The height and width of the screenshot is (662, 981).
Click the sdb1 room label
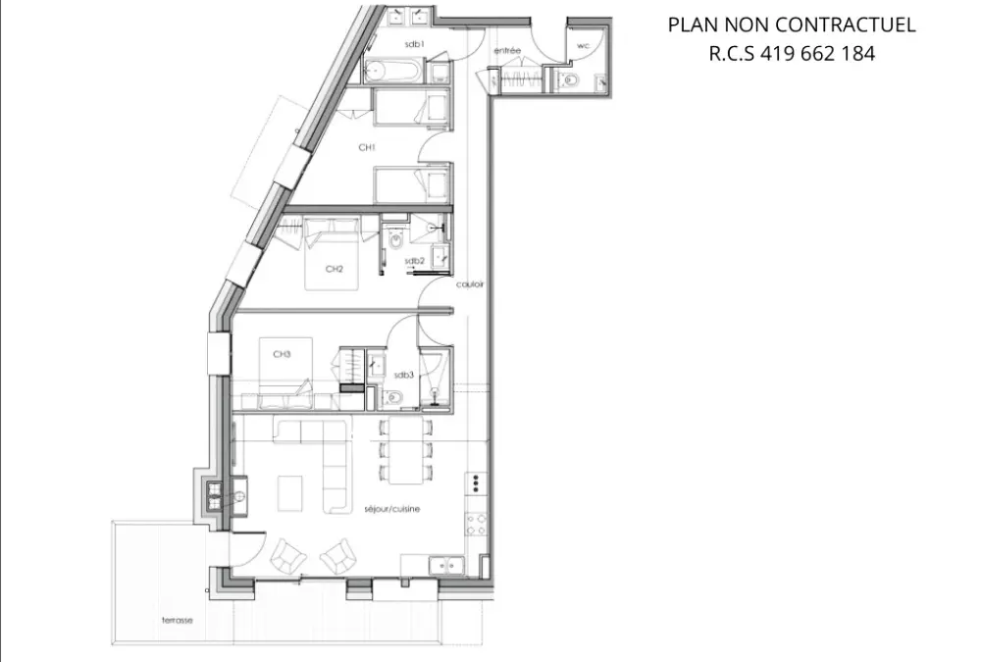(x=414, y=44)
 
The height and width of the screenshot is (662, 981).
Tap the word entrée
(x=507, y=50)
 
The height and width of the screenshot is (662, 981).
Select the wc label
(x=583, y=46)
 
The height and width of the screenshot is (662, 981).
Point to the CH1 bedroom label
(x=367, y=148)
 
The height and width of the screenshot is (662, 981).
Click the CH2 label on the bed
(x=335, y=269)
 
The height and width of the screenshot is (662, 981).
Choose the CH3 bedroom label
(x=282, y=354)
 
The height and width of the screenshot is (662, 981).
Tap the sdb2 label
(x=414, y=261)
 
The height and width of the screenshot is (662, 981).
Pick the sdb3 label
(x=403, y=375)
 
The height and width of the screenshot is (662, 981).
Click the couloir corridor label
(x=470, y=284)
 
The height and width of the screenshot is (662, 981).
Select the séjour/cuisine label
(x=392, y=509)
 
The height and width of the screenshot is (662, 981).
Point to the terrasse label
(x=177, y=620)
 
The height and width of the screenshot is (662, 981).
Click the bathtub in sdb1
(x=393, y=72)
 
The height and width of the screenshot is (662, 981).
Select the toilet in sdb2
(x=396, y=238)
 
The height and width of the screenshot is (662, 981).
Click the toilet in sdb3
(x=393, y=396)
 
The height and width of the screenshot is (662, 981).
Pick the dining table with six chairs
(x=405, y=450)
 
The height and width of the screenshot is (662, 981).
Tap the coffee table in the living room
(x=289, y=493)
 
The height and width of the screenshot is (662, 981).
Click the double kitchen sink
(x=446, y=566)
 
